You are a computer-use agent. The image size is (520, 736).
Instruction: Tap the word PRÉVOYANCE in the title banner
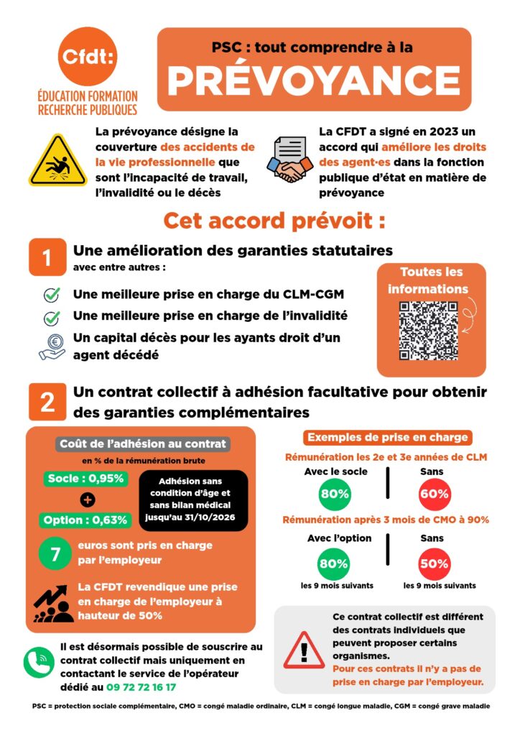(314, 80)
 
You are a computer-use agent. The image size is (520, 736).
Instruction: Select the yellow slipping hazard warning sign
(57, 160)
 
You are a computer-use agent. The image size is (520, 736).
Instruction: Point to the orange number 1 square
(47, 257)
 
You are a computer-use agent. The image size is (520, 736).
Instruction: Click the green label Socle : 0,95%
(85, 479)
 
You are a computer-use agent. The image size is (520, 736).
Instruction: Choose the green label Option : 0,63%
(85, 520)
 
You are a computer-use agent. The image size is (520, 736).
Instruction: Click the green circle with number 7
(55, 554)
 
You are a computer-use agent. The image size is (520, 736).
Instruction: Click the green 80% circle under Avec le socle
(334, 494)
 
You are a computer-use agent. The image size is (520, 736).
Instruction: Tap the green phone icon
(39, 662)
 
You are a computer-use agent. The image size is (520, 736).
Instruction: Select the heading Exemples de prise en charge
(387, 437)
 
